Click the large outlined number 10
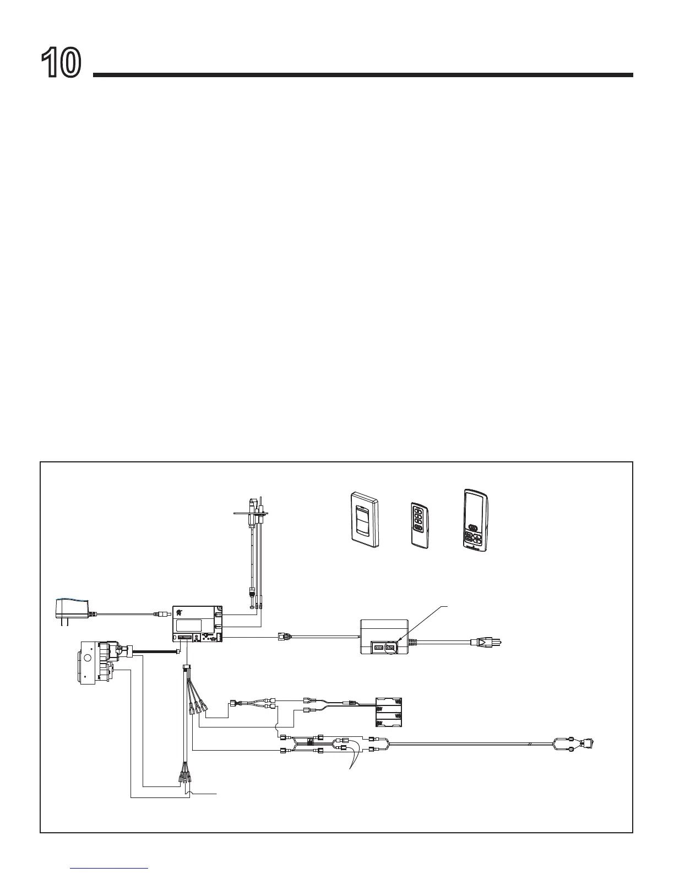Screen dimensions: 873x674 61,63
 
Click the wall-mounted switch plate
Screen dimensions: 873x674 364,519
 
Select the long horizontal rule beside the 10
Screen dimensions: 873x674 363,75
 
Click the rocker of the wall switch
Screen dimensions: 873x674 362,517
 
